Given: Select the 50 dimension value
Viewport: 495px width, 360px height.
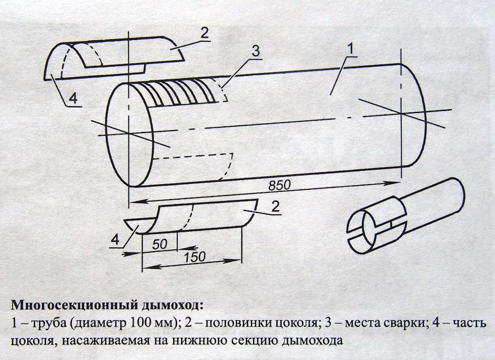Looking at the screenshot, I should coord(160,244).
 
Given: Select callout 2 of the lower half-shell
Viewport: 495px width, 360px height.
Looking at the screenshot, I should coord(275,207).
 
